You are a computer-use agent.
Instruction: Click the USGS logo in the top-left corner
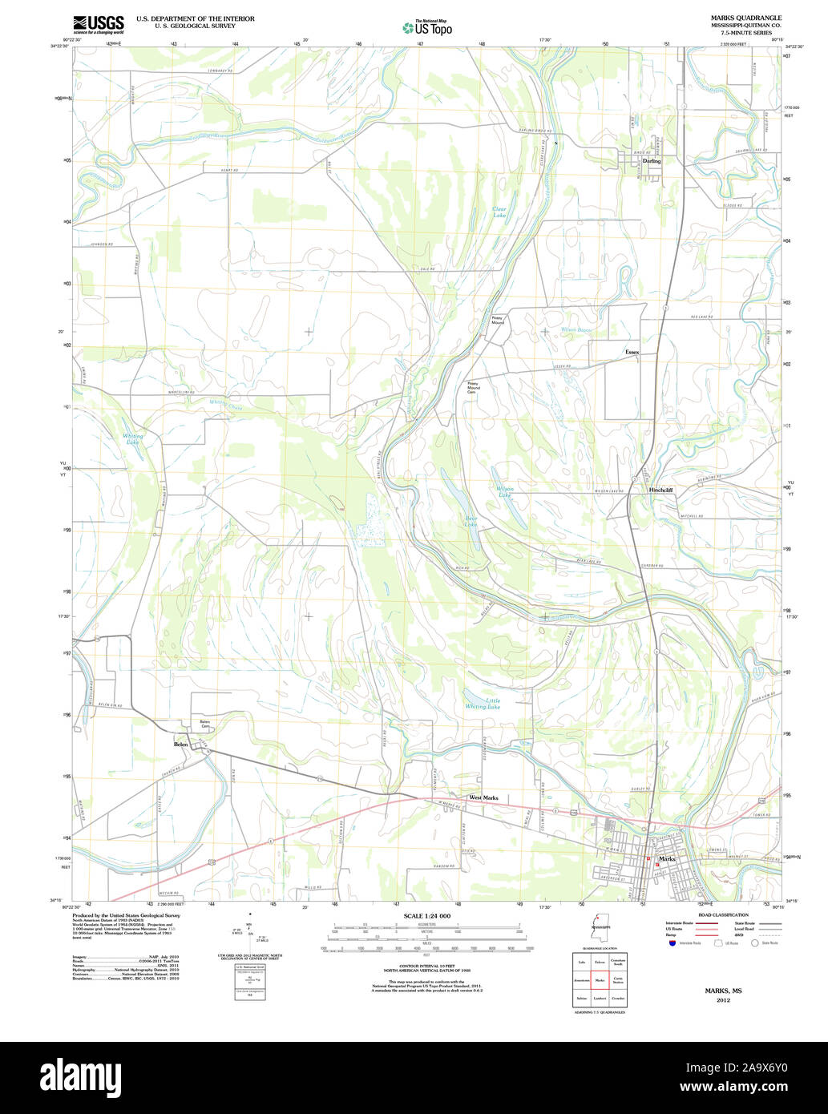pyautogui.click(x=98, y=24)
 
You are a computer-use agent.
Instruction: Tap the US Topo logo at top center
pyautogui.click(x=427, y=27)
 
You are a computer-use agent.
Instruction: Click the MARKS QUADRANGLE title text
pyautogui.click(x=734, y=18)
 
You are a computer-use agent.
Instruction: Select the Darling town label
pyautogui.click(x=652, y=161)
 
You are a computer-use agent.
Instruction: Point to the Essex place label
pyautogui.click(x=632, y=352)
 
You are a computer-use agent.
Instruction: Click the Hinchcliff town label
pyautogui.click(x=661, y=490)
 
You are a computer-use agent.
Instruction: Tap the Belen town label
pyautogui.click(x=181, y=745)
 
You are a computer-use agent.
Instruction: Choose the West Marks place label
pyautogui.click(x=483, y=798)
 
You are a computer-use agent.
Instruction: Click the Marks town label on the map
pyautogui.click(x=666, y=859)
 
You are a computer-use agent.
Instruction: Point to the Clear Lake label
pyautogui.click(x=499, y=212)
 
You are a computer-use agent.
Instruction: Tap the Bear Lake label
pyautogui.click(x=471, y=521)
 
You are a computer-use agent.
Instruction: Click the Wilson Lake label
pyautogui.click(x=505, y=492)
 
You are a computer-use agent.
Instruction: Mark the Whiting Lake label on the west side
pyautogui.click(x=132, y=438)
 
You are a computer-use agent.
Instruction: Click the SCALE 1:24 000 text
pyautogui.click(x=426, y=916)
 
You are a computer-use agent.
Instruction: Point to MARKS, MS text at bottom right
pyautogui.click(x=723, y=991)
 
